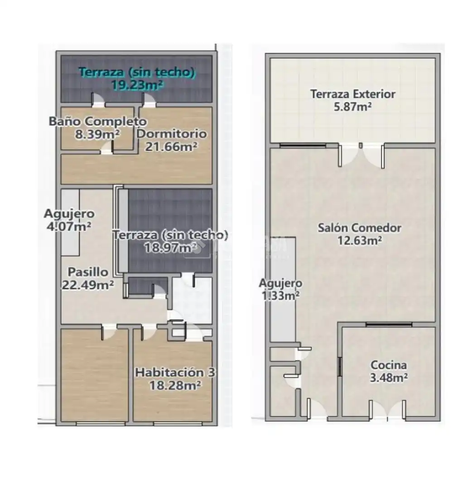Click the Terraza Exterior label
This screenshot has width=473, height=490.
[352, 94]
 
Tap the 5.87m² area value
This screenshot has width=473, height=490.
[352, 107]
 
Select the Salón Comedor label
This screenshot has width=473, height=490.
[359, 228]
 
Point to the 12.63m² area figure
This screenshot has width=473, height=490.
[359, 240]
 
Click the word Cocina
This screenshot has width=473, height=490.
[388, 365]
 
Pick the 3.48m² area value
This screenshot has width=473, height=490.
[388, 378]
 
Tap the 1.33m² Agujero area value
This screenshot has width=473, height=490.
[280, 296]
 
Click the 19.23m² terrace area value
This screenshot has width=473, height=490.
[137, 85]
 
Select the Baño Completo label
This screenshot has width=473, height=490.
[98, 121]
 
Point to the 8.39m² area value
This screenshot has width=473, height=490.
[97, 134]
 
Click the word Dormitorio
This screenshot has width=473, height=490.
[172, 134]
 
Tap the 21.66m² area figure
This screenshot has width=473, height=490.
[171, 147]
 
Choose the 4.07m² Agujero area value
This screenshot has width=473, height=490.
[69, 226]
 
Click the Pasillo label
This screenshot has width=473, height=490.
[88, 272]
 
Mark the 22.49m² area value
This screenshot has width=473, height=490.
[88, 284]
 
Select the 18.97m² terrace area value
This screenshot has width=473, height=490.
[170, 248]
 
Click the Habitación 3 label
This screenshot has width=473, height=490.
[175, 372]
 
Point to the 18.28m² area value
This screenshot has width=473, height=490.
[175, 385]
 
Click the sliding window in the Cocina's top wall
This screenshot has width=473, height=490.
[389, 325]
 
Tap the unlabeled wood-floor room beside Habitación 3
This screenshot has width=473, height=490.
[95, 375]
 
